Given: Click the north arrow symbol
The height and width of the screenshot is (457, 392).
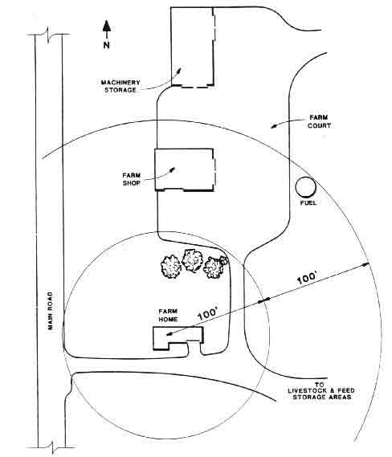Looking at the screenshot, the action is point(107,29).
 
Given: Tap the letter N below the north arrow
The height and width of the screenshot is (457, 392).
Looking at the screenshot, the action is point(106,45).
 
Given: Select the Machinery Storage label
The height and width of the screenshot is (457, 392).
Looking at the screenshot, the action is point(120,86).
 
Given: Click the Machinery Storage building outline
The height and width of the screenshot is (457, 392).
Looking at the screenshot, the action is point(171,47).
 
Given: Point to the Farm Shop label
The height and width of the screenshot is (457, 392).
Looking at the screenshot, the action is point(132,179).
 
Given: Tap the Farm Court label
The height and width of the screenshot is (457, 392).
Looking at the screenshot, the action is point(319,121).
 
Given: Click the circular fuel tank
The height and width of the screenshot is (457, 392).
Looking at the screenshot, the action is point(305,187).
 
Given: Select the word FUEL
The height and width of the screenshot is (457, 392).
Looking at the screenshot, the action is point(308,202).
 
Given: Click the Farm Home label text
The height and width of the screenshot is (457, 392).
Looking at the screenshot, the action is point(168,315).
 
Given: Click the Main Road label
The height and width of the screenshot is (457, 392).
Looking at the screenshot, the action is point(51,311).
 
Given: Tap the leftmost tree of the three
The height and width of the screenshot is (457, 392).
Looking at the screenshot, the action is point(171,267).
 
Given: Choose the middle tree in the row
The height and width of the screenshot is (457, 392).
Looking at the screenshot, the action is point(192,260).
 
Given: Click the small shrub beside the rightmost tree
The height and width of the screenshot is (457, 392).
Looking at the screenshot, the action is point(223,260).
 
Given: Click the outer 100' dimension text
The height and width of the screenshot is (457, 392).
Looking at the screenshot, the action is point(307,278).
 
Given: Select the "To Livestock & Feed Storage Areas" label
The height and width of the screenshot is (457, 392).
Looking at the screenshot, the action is point(321,390).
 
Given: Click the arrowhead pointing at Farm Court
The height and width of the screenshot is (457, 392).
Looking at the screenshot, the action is point(274,125).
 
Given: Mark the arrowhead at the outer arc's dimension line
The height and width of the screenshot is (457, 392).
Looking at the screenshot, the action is point(366,264).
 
